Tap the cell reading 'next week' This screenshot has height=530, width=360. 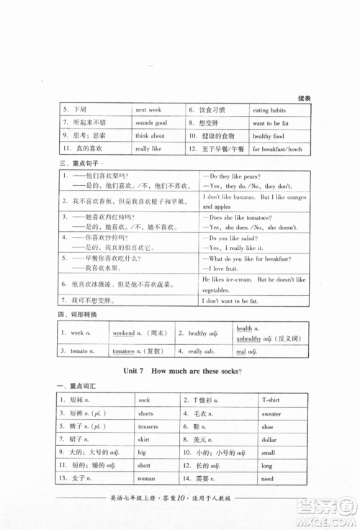[148, 110]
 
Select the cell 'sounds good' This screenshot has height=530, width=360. [150, 123]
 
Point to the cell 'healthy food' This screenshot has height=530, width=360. [269, 136]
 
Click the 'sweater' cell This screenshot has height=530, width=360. [271, 414]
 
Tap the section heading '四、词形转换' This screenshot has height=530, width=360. [72, 315]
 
